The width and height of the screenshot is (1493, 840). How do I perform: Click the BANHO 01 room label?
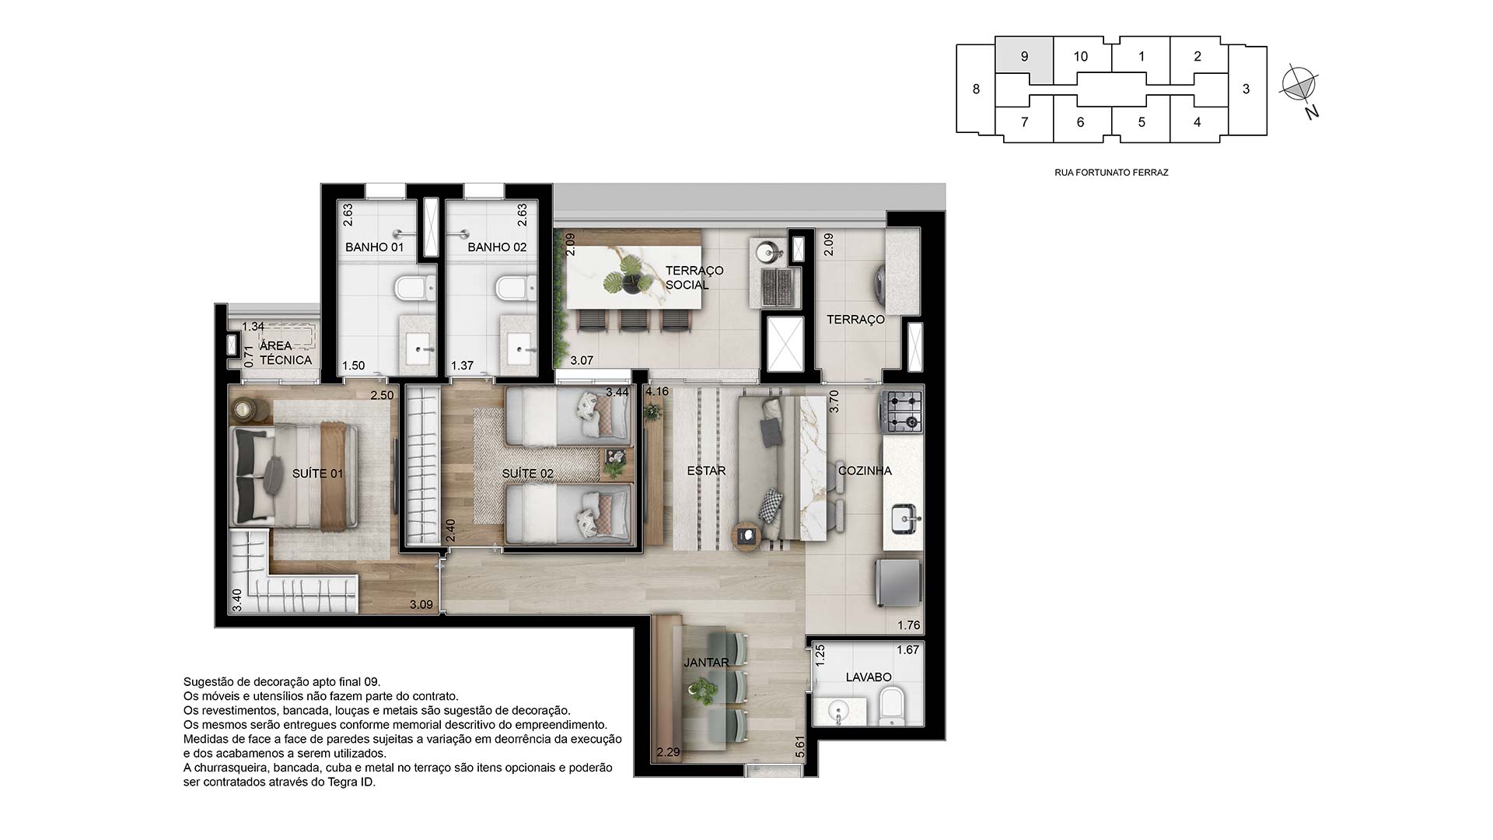click(x=375, y=247)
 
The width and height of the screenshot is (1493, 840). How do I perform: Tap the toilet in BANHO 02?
click(x=514, y=288)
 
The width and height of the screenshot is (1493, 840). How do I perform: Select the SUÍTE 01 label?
click(x=317, y=473)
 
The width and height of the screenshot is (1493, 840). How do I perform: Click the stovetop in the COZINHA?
click(x=901, y=411)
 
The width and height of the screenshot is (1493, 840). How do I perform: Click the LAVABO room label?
click(x=869, y=677)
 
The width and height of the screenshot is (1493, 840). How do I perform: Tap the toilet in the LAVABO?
click(x=891, y=705)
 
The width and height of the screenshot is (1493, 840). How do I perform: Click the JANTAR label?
click(x=706, y=663)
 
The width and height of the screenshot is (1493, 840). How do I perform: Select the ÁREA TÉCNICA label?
click(x=285, y=352)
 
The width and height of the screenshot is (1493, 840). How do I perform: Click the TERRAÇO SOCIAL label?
click(x=694, y=278)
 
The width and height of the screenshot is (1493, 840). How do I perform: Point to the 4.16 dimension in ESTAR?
click(x=656, y=391)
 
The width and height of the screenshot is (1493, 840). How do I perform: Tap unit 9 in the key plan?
click(x=1024, y=57)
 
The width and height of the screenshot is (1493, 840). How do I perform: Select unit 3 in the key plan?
click(x=1246, y=89)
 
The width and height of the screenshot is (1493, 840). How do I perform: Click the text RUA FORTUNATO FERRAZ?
click(x=1110, y=173)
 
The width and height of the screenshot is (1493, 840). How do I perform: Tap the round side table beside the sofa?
click(x=746, y=535)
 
